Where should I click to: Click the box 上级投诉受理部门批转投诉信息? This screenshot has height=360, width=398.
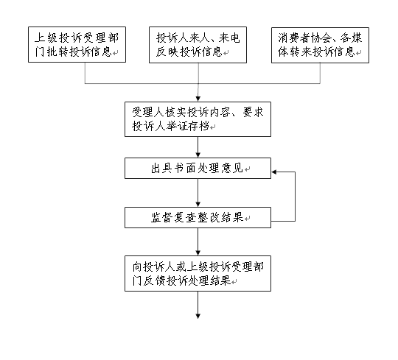(x=77, y=45)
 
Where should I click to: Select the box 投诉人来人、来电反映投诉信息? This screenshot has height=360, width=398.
(x=198, y=45)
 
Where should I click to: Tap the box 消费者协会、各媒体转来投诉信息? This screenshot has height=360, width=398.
(x=320, y=45)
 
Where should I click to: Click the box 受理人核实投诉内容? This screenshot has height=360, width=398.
(x=198, y=119)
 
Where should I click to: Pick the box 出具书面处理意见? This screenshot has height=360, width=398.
(x=198, y=168)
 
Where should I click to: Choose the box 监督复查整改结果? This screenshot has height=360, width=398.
(x=198, y=217)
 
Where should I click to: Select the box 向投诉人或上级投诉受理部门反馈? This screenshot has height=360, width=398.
(x=198, y=273)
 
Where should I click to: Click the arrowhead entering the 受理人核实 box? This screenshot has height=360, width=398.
(x=198, y=99)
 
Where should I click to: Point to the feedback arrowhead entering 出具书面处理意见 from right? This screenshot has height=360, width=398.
(x=274, y=172)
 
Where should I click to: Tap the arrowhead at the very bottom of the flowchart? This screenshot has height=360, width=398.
(x=198, y=316)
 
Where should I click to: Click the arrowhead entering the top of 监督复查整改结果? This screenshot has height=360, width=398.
(x=198, y=205)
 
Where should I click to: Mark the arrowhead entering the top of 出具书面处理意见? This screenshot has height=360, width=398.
(x=198, y=155)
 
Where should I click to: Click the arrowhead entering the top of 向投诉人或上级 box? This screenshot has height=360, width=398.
(x=198, y=253)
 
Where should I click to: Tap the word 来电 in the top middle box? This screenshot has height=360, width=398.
(x=229, y=38)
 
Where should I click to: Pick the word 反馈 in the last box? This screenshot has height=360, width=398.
(x=154, y=280)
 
